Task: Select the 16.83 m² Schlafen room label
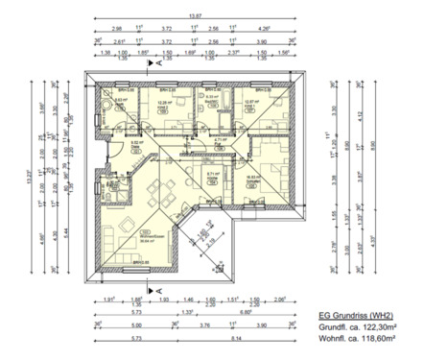[x=255, y=178]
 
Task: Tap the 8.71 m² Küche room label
[x=214, y=175]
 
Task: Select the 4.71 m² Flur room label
[x=220, y=139]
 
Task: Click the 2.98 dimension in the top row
[x=117, y=30]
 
